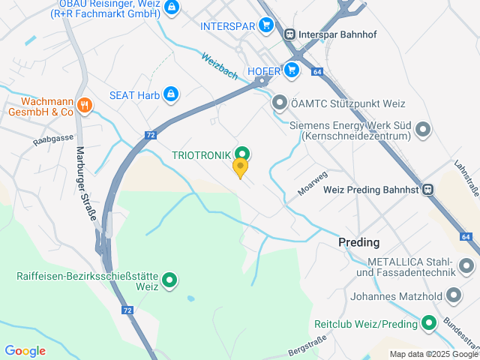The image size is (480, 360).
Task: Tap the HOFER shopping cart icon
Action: pyautogui.click(x=292, y=70)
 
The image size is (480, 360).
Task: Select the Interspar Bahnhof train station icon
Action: pyautogui.click(x=289, y=33)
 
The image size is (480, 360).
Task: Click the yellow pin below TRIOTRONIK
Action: pyautogui.click(x=240, y=166)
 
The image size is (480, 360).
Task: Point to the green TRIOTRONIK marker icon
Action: pyautogui.click(x=242, y=154)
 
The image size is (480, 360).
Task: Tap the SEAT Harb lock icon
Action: pyautogui.click(x=171, y=94)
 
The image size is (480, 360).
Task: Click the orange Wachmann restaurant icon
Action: pyautogui.click(x=84, y=106)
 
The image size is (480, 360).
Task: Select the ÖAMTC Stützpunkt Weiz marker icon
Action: pyautogui.click(x=280, y=101)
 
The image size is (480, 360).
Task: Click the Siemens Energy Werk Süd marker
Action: pyautogui.click(x=423, y=130)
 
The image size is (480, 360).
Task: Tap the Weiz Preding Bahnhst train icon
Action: pyautogui.click(x=427, y=190)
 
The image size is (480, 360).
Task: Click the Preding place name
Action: pyautogui.click(x=358, y=242)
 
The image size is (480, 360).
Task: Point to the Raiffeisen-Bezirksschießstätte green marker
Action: pyautogui.click(x=170, y=281)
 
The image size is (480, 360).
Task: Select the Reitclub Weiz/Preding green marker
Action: pyautogui.click(x=429, y=324)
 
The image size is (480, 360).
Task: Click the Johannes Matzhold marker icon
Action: pyautogui.click(x=453, y=295)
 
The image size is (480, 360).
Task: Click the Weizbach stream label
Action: pyautogui.click(x=219, y=64)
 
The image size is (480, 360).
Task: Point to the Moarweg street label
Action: pyautogui.click(x=313, y=183)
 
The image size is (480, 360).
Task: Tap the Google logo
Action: pyautogui.click(x=25, y=350)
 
